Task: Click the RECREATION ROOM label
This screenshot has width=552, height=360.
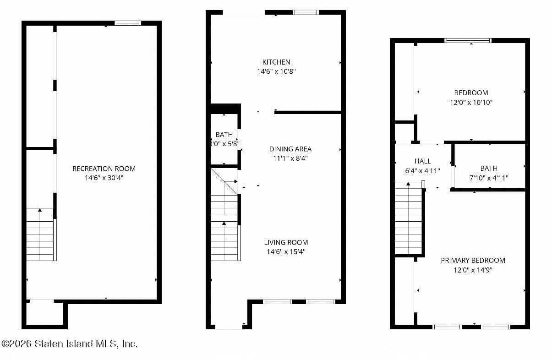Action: point(104,169)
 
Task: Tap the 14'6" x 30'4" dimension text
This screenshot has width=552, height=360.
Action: point(104,178)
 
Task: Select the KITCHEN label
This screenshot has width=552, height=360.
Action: point(276,62)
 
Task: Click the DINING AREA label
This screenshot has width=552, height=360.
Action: point(290,149)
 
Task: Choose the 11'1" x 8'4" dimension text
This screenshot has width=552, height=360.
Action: point(290,158)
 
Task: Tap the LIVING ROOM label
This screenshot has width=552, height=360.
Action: point(286,242)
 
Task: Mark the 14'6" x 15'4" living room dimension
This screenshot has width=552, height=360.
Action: point(286,251)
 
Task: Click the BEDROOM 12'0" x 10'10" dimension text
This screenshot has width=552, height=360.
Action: point(471,102)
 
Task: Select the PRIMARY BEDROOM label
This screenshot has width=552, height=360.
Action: point(473,260)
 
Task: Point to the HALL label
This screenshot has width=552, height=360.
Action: point(422,161)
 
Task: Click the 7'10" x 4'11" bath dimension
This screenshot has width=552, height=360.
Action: point(489,178)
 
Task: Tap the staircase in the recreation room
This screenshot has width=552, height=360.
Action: point(40,235)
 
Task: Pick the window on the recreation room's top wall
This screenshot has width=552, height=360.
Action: point(128,23)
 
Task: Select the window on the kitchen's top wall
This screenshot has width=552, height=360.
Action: point(306,12)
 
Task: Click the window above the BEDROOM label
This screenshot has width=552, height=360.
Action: point(468,40)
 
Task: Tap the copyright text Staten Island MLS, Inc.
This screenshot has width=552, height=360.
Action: point(69,344)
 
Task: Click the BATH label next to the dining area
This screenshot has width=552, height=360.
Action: point(224,135)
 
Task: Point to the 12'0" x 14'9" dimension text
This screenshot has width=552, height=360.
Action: point(473,270)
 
